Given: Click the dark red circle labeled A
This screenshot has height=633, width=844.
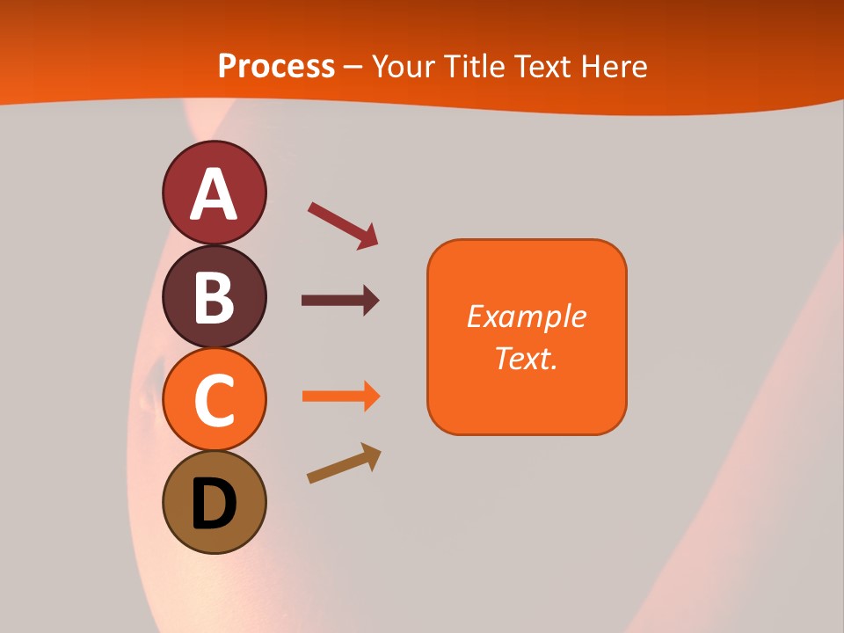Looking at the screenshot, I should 214,193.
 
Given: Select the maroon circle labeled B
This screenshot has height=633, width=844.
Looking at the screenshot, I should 214,296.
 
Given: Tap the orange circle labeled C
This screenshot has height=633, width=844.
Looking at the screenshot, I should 214,399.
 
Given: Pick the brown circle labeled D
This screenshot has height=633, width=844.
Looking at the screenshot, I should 214,502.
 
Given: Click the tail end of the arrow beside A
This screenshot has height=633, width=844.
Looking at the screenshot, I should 313,207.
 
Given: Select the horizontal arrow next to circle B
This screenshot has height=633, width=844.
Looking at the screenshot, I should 339,301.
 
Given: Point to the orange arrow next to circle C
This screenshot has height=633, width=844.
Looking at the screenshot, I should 339,396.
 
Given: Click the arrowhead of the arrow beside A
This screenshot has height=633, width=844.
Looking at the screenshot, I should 369,238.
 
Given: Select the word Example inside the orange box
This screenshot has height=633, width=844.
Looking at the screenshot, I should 526,316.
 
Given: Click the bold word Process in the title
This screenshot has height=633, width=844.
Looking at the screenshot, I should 276,66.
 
